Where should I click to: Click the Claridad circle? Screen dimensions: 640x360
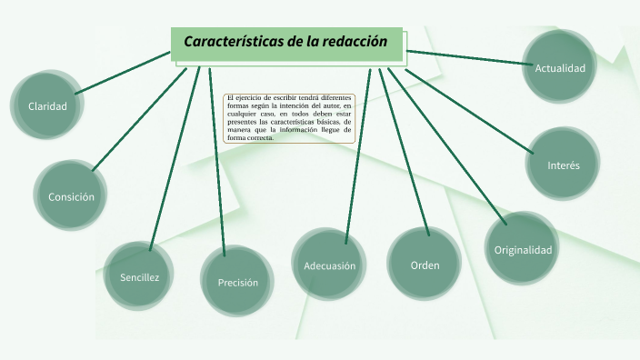(47, 106)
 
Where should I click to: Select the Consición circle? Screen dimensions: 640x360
(71, 196)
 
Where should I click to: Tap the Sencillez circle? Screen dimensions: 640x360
(139, 276)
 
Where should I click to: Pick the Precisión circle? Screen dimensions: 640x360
(237, 282)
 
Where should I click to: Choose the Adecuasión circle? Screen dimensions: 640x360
(329, 265)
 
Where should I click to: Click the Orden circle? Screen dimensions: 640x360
(425, 265)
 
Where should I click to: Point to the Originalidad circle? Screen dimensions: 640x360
(522, 249)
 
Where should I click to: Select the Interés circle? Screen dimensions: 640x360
(563, 165)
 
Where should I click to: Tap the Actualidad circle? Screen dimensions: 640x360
(559, 67)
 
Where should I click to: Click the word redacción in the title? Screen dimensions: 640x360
(354, 42)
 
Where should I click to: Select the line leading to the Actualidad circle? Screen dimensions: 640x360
(469, 57)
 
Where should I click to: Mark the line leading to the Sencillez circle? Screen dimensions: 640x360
(174, 155)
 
